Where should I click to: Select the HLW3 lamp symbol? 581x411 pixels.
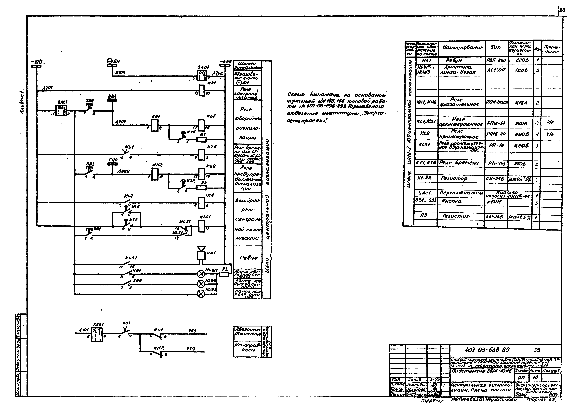tap(201, 294)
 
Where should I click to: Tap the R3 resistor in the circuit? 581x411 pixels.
tap(224, 274)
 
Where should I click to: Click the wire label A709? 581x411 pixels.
tap(123, 171)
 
